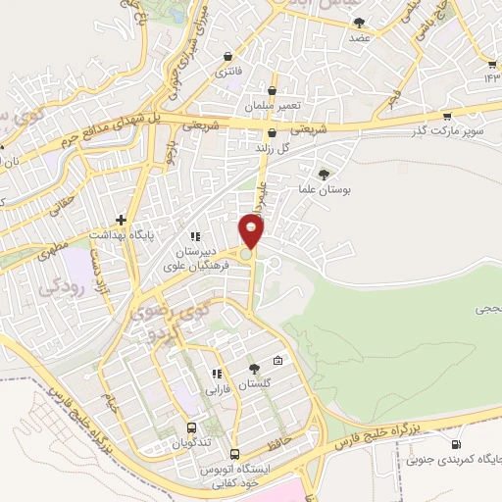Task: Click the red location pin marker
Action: point(252,231)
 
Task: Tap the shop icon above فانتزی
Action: point(228,56)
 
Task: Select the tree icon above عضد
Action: point(359,22)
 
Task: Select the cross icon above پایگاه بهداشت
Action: point(121,220)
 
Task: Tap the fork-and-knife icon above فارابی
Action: point(217,373)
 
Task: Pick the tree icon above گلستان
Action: point(255,368)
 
